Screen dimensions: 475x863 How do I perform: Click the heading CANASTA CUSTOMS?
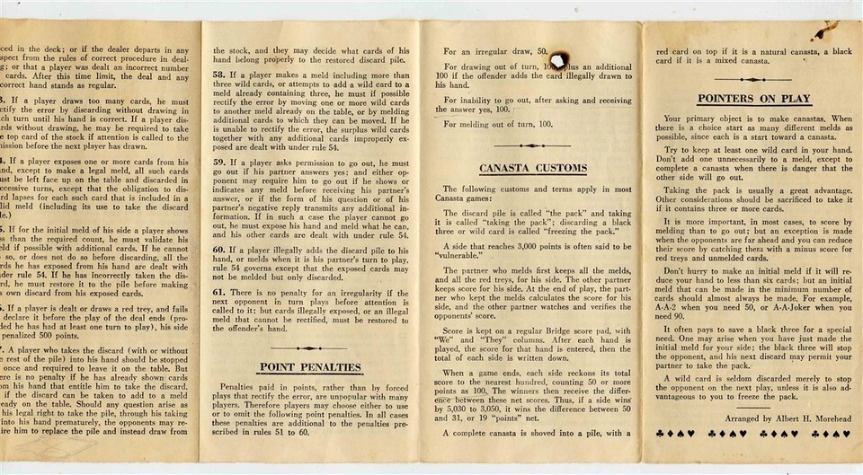pos(533,168)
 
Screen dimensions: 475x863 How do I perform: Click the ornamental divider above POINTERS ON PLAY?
pos(749,78)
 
